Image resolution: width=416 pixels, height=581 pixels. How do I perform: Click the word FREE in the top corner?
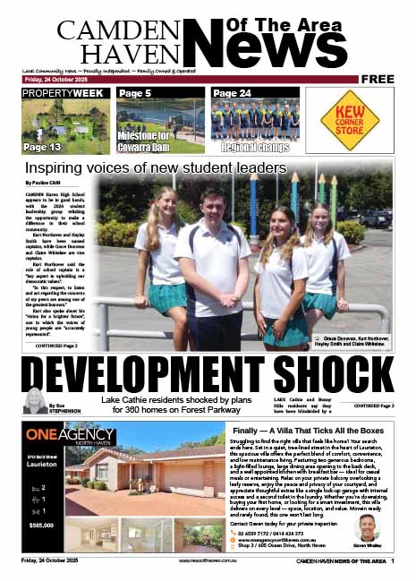pos(379,79)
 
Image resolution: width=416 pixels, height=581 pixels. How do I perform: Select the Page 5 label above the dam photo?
pos(135,93)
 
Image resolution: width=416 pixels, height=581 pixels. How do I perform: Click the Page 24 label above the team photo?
pos(233,93)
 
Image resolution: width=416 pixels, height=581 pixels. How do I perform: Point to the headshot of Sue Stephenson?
pos(38,401)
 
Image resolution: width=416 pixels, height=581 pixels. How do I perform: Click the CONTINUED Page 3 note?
pos(373,406)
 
